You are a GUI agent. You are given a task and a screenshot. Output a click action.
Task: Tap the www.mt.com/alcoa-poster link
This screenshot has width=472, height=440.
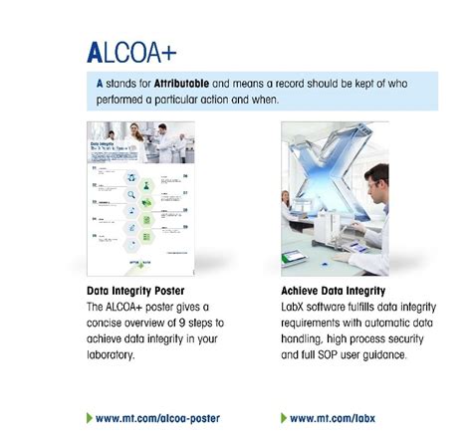point(159,418)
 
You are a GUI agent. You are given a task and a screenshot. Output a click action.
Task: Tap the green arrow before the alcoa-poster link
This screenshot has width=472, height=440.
point(91,418)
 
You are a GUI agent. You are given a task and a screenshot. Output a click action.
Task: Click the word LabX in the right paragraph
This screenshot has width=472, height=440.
point(297,310)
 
